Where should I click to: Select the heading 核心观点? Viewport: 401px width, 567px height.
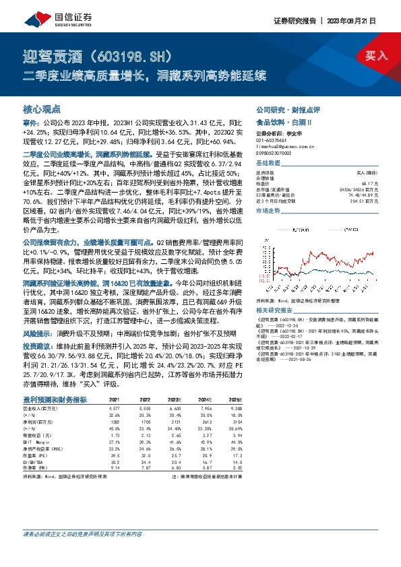pos(42,108)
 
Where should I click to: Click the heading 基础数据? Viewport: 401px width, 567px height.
pos(269,164)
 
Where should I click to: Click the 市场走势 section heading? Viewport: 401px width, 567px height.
pos(269,211)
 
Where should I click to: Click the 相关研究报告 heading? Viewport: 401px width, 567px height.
pos(276,292)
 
